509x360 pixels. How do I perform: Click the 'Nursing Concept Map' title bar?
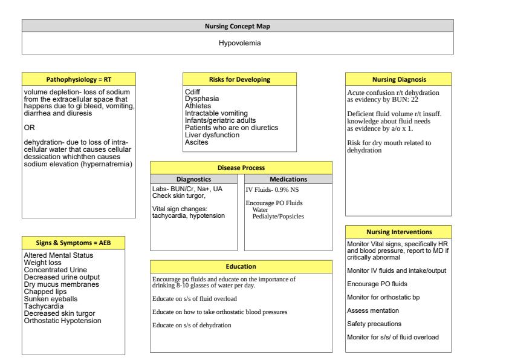pyautogui.click(x=238, y=25)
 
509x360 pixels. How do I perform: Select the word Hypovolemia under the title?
pyautogui.click(x=238, y=44)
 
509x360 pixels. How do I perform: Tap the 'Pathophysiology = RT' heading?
pyautogui.click(x=79, y=79)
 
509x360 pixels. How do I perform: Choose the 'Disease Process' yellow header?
pyautogui.click(x=241, y=168)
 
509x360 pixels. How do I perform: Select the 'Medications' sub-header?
pyautogui.click(x=288, y=179)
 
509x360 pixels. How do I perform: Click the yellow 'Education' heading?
pyautogui.click(x=241, y=266)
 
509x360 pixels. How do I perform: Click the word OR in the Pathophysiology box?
pyautogui.click(x=28, y=128)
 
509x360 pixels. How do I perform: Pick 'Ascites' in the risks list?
pyautogui.click(x=196, y=142)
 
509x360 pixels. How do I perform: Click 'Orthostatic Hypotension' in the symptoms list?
pyautogui.click(x=62, y=321)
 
